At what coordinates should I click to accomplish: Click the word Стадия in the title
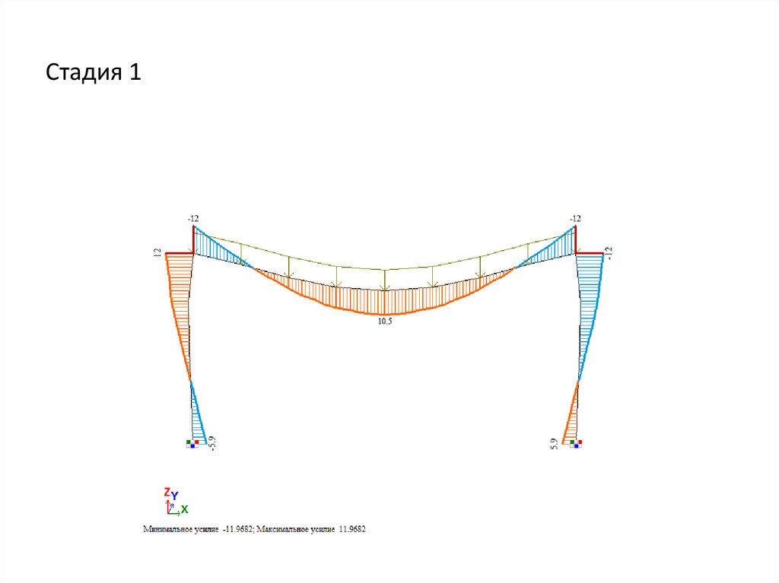(x=84, y=72)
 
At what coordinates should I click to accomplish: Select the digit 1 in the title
(x=135, y=71)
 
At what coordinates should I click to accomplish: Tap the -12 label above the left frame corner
(x=192, y=218)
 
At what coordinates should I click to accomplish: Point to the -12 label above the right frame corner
(x=575, y=218)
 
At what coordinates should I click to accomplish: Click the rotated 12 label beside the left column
(x=157, y=253)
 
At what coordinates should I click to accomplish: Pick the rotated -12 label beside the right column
(x=609, y=253)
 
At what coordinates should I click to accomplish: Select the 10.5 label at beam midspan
(x=385, y=322)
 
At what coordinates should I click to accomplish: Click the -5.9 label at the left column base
(x=213, y=443)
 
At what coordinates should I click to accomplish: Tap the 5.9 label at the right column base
(x=554, y=444)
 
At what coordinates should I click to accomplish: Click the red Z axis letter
(x=167, y=492)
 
